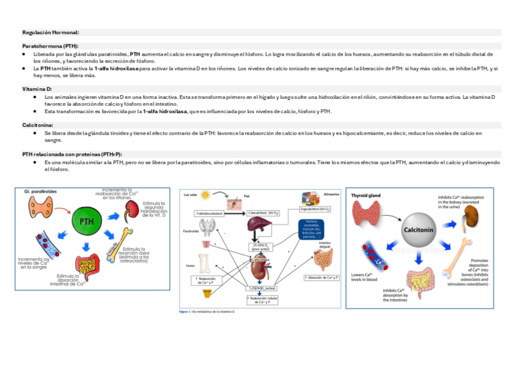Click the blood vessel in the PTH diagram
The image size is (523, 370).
click(x=46, y=243)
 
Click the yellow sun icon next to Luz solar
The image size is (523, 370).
click(x=205, y=195)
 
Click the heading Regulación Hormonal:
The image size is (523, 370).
click(x=51, y=32)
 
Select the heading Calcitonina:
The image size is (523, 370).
click(x=38, y=125)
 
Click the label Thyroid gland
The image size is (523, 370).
click(x=366, y=196)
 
